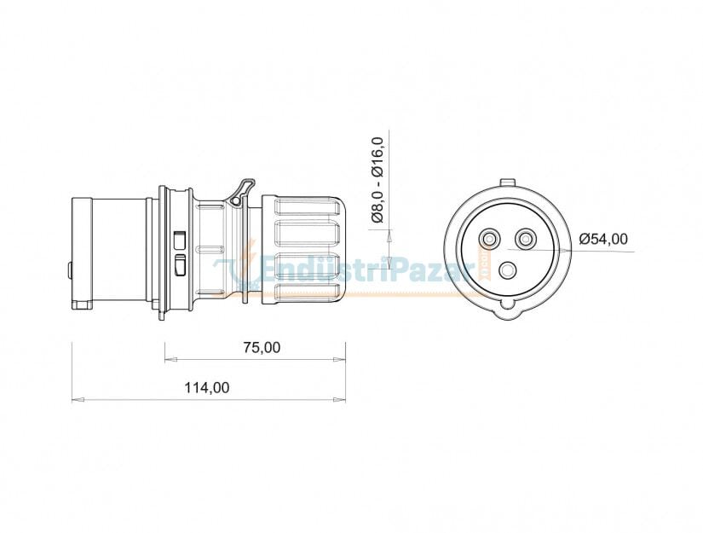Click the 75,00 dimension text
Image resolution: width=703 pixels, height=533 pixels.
[x=262, y=347]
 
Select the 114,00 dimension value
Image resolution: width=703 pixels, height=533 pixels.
[x=207, y=387]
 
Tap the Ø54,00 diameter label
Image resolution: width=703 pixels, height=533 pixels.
[x=602, y=239]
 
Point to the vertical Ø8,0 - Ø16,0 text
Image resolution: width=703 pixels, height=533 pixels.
[x=378, y=180]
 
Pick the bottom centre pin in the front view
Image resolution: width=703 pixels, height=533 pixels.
[x=509, y=271]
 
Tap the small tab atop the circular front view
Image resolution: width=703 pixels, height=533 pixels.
[x=508, y=182]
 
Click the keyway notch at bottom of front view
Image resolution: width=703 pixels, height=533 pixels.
[x=509, y=303]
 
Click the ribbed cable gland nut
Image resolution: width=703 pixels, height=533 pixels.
[x=304, y=247]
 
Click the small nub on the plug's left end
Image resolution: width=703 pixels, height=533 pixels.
[x=69, y=271]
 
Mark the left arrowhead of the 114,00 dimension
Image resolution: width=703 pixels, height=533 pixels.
[x=75, y=399]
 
